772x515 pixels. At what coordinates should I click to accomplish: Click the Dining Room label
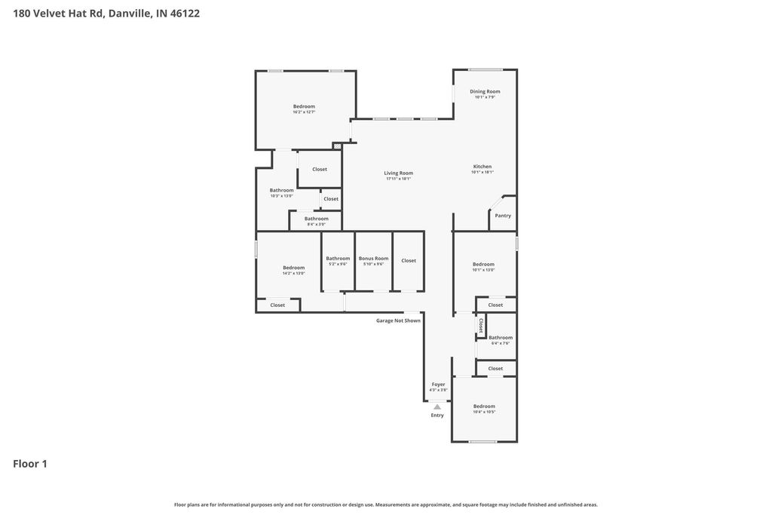[x=485, y=91]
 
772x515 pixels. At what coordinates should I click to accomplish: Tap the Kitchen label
[x=482, y=167]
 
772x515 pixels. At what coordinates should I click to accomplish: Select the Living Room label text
[x=399, y=173]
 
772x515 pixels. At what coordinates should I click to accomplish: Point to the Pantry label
[x=503, y=216]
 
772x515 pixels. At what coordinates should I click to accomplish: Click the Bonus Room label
[x=373, y=259]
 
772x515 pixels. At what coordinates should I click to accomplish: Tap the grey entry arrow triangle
[x=437, y=406]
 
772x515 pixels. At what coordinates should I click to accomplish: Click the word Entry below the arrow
[x=437, y=415]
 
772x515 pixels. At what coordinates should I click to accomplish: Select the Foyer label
[x=438, y=385]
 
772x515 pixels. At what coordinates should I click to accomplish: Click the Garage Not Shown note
[x=398, y=320]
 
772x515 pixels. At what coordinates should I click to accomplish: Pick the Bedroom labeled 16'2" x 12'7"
[x=304, y=106]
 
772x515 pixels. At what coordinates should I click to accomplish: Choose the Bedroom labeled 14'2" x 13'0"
[x=293, y=268]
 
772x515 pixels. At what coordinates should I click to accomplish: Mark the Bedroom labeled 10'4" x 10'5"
[x=484, y=406]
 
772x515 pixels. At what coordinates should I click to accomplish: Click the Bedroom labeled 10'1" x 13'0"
[x=483, y=264]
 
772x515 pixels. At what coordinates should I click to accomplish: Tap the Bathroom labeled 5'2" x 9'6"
[x=338, y=259]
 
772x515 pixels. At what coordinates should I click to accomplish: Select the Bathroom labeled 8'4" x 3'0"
[x=317, y=219]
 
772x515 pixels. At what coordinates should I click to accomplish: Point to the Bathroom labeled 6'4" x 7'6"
[x=501, y=338]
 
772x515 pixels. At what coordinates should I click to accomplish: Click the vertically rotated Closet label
[x=481, y=325]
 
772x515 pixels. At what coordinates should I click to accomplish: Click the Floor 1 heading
[x=30, y=464]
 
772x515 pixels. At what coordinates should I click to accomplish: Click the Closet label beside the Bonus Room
[x=409, y=261]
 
